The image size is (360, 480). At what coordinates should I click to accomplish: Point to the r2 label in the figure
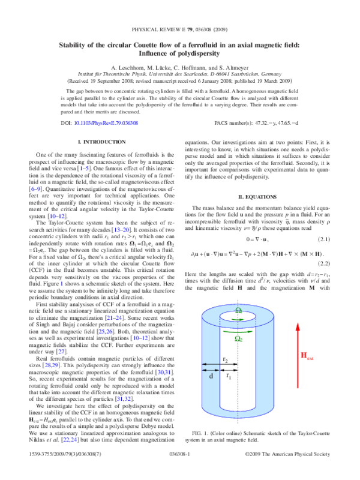(x=224, y=376)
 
